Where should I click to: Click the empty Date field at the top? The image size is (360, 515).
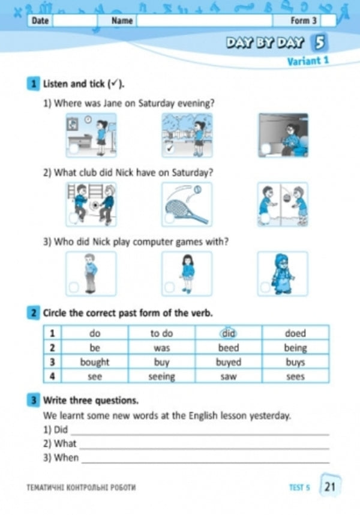[74, 20]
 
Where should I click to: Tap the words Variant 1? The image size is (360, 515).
[308, 61]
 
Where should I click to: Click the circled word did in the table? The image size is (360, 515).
[228, 333]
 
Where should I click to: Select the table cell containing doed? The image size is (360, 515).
[295, 333]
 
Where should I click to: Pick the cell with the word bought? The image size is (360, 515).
[95, 362]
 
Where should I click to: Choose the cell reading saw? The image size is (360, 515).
[228, 376]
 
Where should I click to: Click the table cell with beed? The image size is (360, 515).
[228, 348]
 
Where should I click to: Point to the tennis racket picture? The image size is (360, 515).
[187, 205]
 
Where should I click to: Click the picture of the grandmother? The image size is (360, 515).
[283, 273]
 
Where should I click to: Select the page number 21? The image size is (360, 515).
[330, 487]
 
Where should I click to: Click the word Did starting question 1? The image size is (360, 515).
[61, 430]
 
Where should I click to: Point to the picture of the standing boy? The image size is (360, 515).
[90, 273]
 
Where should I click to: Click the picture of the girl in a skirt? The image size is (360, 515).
[187, 273]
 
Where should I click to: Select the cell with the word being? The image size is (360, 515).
[295, 348]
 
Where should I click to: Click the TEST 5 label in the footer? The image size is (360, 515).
[299, 487]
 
